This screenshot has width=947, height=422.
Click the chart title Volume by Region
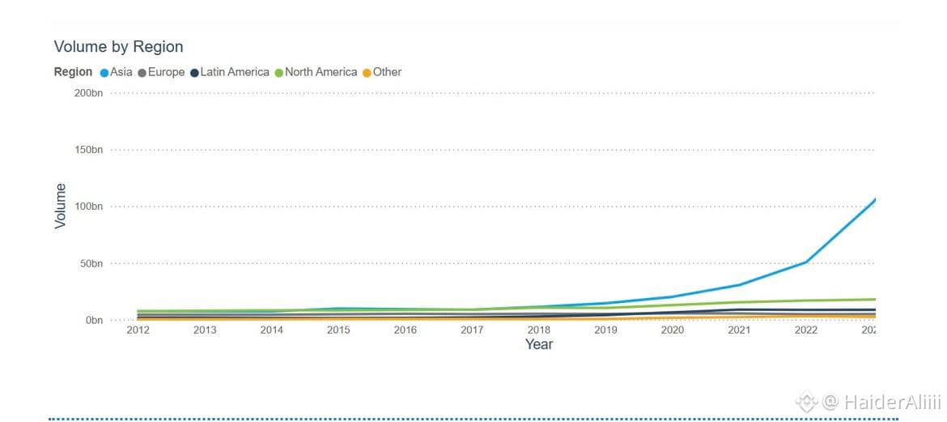[118, 46]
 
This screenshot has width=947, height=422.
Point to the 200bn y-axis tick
[89, 93]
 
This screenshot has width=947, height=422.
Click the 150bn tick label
[89, 150]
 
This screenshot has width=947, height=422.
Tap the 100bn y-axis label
[89, 207]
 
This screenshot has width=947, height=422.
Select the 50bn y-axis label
[91, 263]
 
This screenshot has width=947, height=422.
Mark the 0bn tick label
[94, 320]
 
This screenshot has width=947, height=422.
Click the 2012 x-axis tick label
[138, 330]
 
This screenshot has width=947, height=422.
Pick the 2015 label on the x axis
[338, 330]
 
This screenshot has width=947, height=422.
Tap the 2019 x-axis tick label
[605, 330]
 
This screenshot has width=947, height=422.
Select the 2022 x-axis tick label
[806, 330]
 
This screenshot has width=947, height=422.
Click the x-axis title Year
[539, 344]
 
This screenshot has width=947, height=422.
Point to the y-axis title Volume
[61, 206]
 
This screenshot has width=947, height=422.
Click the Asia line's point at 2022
[806, 262]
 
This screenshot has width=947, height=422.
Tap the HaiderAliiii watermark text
[881, 401]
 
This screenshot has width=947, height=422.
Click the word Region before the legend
[73, 72]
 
